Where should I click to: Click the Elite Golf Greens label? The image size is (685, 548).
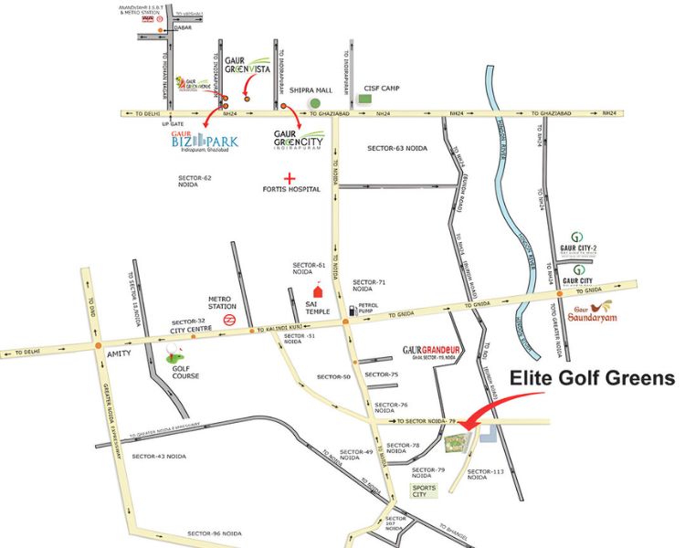click(591, 377)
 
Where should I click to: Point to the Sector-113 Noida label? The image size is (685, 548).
click(486, 475)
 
